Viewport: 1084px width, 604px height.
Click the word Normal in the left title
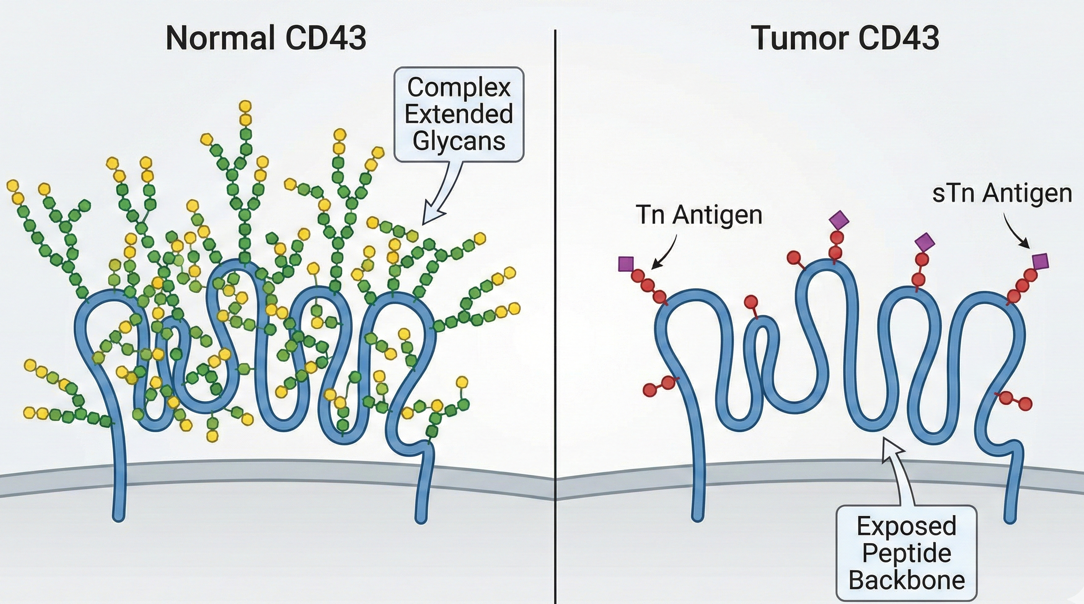219,39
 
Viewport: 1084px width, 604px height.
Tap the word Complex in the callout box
459,88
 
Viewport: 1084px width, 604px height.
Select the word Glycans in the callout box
459,141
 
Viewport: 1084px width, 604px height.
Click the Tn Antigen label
699,215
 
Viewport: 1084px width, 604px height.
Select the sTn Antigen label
1002,194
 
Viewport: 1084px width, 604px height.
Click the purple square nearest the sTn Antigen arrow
1040,261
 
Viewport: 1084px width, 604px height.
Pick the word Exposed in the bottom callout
906,527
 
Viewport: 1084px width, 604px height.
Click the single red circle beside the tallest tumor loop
794,258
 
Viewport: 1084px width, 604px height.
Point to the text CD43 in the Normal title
325,39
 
